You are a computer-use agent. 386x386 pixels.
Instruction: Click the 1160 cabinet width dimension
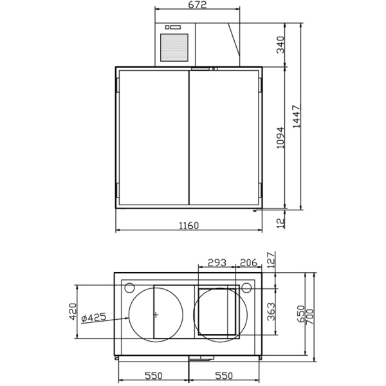188,225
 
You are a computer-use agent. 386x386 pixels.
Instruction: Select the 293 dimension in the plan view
216,262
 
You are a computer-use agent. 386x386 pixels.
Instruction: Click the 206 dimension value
248,262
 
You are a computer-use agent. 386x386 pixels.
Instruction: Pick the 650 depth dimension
300,315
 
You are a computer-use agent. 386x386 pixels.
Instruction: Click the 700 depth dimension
310,315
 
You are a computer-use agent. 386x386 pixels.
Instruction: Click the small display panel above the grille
174,28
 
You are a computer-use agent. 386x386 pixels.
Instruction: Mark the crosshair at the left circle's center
156,315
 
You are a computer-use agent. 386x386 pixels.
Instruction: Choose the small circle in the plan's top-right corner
247,286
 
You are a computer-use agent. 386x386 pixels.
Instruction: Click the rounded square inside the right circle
217,312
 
